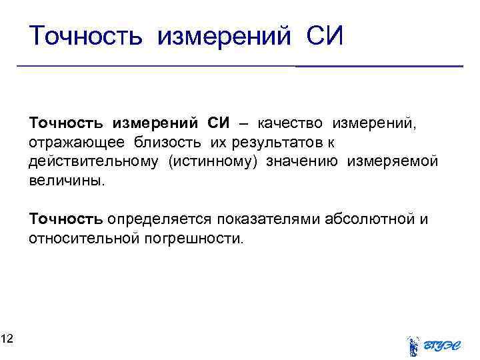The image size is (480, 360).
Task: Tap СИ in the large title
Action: [x=325, y=36]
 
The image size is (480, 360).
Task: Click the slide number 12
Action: [x=7, y=340]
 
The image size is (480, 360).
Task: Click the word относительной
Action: [x=83, y=238]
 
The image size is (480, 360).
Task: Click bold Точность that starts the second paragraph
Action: [x=65, y=219]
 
